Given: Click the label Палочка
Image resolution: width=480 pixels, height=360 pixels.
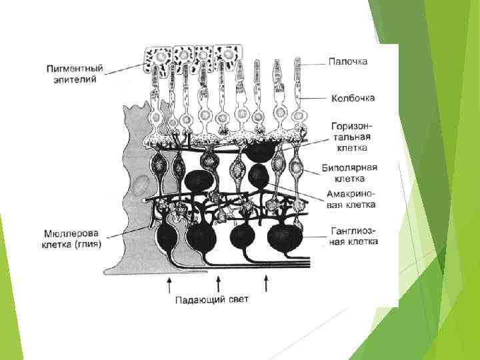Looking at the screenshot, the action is (348, 61).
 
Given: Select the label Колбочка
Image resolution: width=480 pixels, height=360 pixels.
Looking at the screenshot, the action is (353, 98).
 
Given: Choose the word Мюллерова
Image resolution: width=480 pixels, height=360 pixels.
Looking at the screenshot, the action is (71, 233).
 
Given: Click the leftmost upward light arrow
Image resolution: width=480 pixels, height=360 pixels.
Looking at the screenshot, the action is (170, 285).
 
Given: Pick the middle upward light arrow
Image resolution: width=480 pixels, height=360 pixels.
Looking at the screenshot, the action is (218, 285).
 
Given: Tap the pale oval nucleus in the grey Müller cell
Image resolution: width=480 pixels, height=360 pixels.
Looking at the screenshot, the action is (139, 186).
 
